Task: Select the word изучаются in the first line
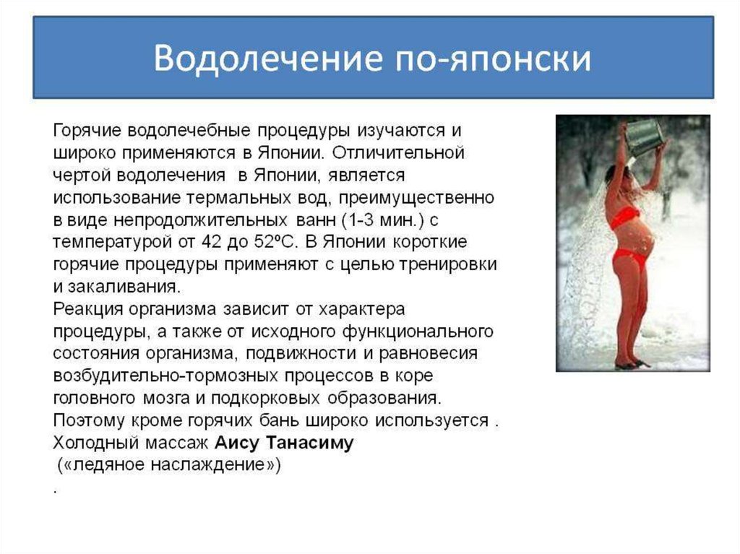coord(400,131)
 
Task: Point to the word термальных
coord(238,197)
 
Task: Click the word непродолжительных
coord(201,220)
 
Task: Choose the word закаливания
coord(124,287)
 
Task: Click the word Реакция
coord(87,309)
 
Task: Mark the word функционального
coord(418,332)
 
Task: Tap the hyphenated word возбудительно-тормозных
coord(165,376)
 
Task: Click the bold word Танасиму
coord(310,443)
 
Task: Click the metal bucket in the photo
coord(644,137)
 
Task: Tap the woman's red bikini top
coord(625,217)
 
